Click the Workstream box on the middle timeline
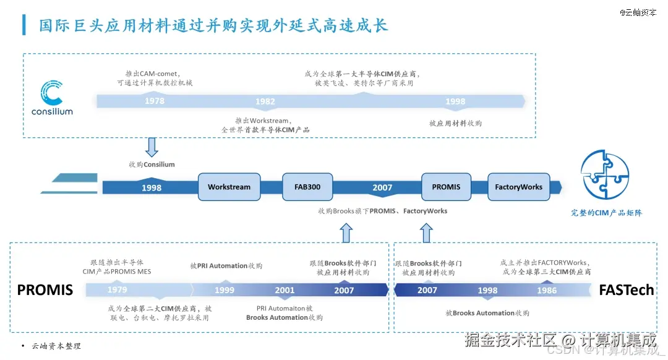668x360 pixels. pyautogui.click(x=229, y=187)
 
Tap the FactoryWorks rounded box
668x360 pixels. pyautogui.click(x=518, y=187)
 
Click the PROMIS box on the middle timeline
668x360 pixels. pyautogui.click(x=446, y=187)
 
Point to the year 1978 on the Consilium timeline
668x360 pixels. pyautogui.click(x=155, y=101)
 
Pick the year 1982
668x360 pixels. pyautogui.click(x=265, y=101)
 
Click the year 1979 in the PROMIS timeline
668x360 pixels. pyautogui.click(x=117, y=289)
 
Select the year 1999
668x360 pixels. pyautogui.click(x=225, y=290)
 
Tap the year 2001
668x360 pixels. pyautogui.click(x=285, y=290)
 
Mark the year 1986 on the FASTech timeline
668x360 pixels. pyautogui.click(x=547, y=290)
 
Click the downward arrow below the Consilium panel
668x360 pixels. pyautogui.click(x=152, y=147)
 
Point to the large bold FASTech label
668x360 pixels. pyautogui.click(x=626, y=289)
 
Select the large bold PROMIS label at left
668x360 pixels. pyautogui.click(x=45, y=289)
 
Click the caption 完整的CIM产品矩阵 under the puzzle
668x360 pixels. pyautogui.click(x=606, y=213)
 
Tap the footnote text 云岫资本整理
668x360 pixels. pyautogui.click(x=56, y=346)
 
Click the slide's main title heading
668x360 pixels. pyautogui.click(x=213, y=26)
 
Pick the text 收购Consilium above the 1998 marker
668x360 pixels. pyautogui.click(x=152, y=165)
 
